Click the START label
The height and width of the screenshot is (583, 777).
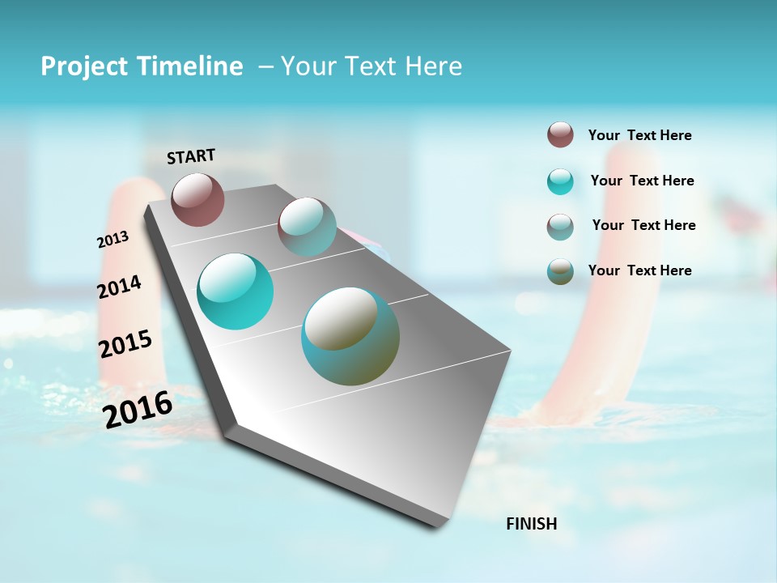coord(191,156)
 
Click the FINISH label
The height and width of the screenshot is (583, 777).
coord(531,524)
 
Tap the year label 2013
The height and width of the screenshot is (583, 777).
coord(113,240)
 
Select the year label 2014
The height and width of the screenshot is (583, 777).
coord(119,287)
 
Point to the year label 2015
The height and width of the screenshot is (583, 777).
coord(125,344)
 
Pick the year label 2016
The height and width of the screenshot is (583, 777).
coord(138,410)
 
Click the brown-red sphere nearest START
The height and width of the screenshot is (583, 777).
coord(197,199)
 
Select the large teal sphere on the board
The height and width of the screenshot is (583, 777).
coord(236,291)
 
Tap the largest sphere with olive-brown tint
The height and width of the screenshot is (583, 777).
coord(350,336)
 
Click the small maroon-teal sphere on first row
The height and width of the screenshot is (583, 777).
coord(307,227)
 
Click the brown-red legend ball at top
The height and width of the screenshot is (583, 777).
coord(560,134)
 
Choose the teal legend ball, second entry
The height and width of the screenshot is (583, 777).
coord(560,181)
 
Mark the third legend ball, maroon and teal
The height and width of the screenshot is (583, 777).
coord(560,227)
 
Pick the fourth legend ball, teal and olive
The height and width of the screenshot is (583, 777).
coord(560,271)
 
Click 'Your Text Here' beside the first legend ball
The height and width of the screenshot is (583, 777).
coord(639,135)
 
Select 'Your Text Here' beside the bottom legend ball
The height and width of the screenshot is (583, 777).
coord(639,270)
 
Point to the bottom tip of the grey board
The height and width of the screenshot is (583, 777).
coord(441,526)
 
